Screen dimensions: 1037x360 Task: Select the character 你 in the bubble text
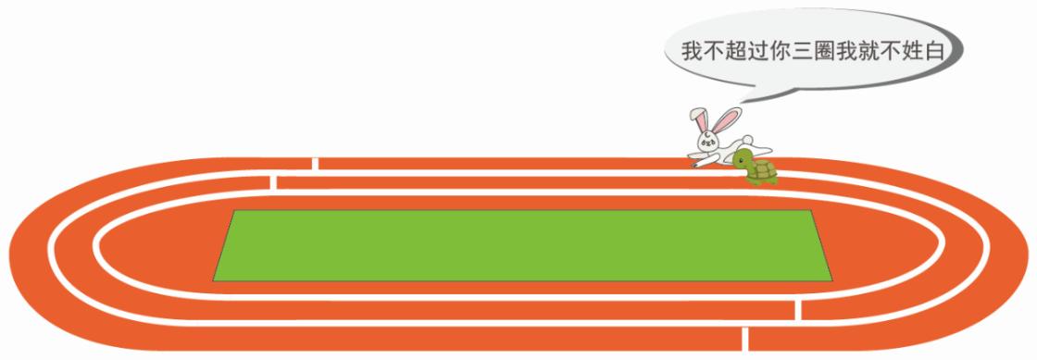pos(781,51)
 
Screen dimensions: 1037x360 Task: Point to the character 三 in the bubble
pos(805,51)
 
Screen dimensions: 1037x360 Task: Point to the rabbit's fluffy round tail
pos(746,139)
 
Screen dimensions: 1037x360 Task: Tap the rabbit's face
pos(708,140)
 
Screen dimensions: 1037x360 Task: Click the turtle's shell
pos(763,170)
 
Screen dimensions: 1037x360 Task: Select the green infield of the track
pos(522,246)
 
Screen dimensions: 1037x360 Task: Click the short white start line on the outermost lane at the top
pos(315,163)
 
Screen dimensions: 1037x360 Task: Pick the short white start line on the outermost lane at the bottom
pos(745,338)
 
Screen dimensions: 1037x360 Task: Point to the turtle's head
pos(742,158)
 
